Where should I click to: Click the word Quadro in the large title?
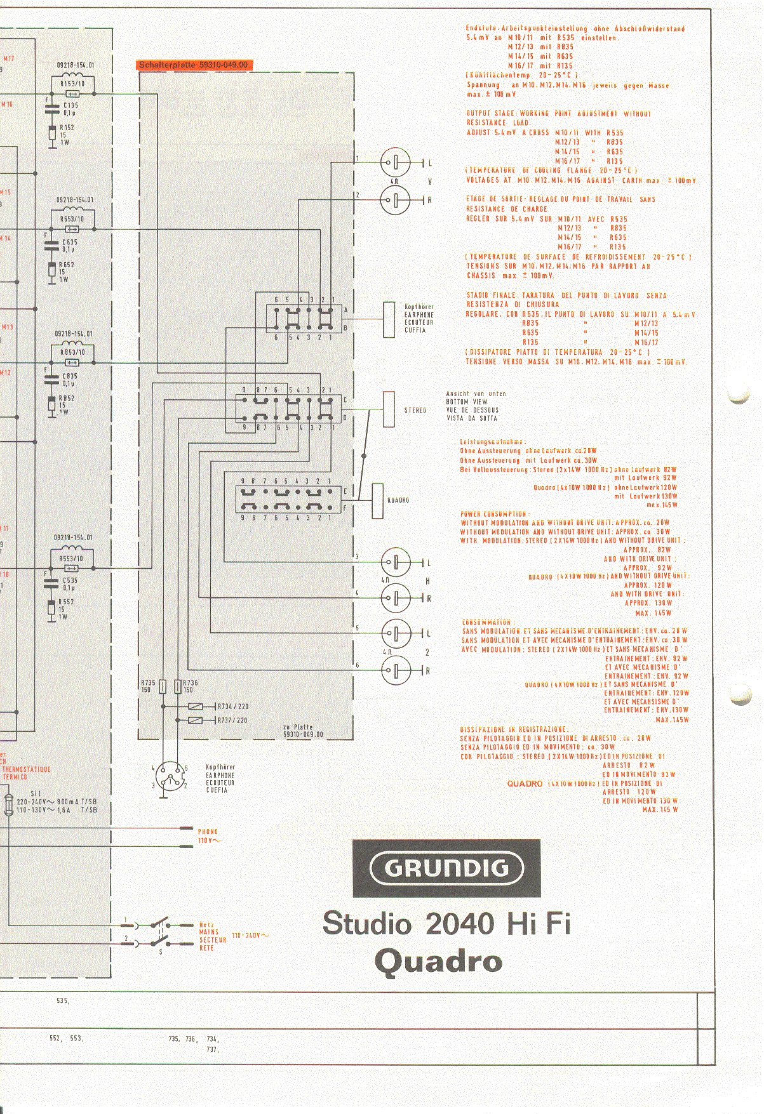(x=438, y=960)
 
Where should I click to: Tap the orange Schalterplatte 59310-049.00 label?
(x=192, y=65)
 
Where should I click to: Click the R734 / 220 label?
(x=233, y=706)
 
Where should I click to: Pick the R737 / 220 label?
(x=233, y=720)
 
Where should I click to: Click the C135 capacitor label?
(x=70, y=105)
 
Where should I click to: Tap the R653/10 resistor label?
(x=72, y=219)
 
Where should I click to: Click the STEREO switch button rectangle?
(x=389, y=409)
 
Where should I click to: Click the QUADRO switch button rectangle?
(x=377, y=500)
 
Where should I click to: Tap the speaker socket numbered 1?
(x=396, y=162)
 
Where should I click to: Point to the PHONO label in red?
(x=208, y=832)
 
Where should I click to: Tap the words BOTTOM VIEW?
(x=467, y=402)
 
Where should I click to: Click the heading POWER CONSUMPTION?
(x=493, y=514)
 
